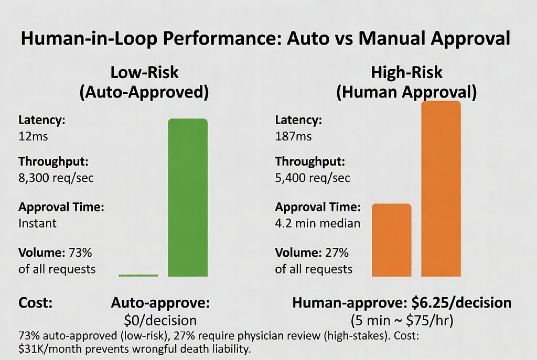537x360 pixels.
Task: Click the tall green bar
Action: pos(188,198)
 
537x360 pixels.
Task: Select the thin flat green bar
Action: pos(138,275)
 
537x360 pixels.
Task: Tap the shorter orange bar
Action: pos(391,240)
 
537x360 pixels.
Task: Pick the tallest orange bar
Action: pos(441,189)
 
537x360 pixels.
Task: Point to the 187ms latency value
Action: pos(293,137)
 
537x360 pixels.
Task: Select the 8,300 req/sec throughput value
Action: pos(56,178)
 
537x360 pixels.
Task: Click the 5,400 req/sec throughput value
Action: pos(313,178)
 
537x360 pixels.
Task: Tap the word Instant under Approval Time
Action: pos(37,223)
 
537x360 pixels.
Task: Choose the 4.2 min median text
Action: pos(318,223)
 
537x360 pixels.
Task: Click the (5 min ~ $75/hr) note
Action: pos(402,320)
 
